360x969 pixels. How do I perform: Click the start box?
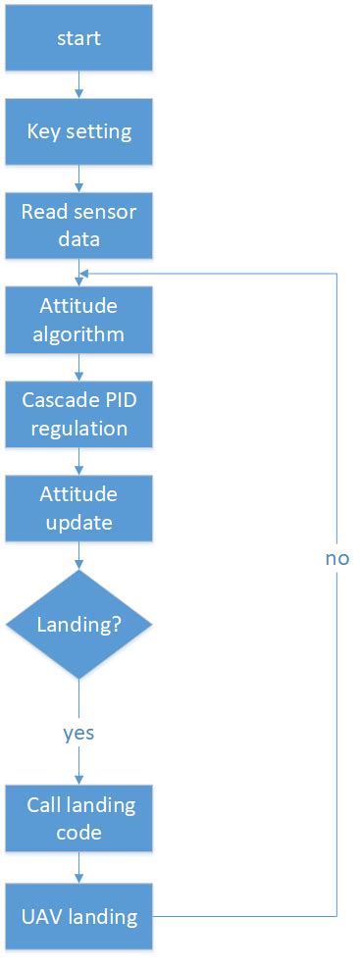click(x=78, y=40)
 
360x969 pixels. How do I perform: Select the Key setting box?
click(x=78, y=131)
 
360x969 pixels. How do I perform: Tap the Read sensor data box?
click(x=78, y=225)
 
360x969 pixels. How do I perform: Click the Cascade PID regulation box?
click(x=78, y=414)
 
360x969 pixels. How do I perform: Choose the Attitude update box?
click(x=78, y=507)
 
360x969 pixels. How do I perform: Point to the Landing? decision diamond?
click(x=78, y=624)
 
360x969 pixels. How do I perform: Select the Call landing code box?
click(x=78, y=818)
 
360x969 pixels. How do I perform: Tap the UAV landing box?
click(x=78, y=917)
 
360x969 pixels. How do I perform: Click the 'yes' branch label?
click(x=78, y=732)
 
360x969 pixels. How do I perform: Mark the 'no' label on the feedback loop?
click(x=337, y=558)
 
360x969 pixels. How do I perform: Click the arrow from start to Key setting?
click(x=78, y=84)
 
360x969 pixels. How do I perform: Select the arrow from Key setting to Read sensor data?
click(x=78, y=178)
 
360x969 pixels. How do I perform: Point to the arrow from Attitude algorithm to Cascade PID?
click(x=78, y=366)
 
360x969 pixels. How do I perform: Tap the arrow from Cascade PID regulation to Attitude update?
click(x=78, y=460)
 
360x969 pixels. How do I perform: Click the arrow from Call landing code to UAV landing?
click(x=78, y=867)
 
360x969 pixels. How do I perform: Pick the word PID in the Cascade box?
click(x=114, y=400)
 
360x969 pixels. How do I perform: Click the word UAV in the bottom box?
click(x=40, y=917)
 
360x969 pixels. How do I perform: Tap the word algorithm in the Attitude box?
click(x=78, y=333)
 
